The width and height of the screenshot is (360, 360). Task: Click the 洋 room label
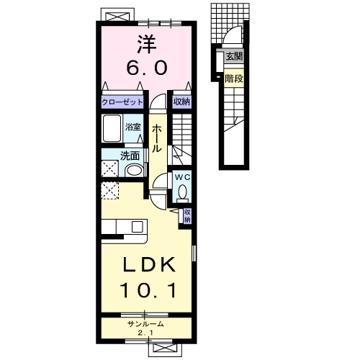click(147, 44)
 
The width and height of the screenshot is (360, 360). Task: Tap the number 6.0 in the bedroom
click(147, 68)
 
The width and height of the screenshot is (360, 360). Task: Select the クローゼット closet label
click(122, 102)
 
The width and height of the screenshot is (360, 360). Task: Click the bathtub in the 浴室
click(112, 128)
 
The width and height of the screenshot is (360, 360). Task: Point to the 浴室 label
click(132, 127)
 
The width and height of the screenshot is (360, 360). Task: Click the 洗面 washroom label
click(130, 156)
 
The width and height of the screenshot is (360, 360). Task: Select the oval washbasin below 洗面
click(134, 171)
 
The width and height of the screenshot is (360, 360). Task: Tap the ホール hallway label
click(157, 139)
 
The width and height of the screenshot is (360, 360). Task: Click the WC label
click(183, 177)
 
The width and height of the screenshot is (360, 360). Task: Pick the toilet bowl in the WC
click(183, 192)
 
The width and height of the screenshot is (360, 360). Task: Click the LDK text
click(149, 264)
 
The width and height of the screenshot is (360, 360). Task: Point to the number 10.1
click(149, 290)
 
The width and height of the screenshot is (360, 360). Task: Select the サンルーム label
click(145, 324)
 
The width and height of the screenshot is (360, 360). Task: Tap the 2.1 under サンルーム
click(145, 333)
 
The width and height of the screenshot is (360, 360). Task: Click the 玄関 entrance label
click(235, 57)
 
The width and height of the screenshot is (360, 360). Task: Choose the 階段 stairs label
click(234, 78)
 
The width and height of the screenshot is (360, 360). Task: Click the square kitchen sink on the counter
click(138, 227)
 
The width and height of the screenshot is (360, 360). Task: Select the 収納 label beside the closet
click(182, 102)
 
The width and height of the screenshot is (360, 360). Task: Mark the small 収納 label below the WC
click(187, 216)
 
